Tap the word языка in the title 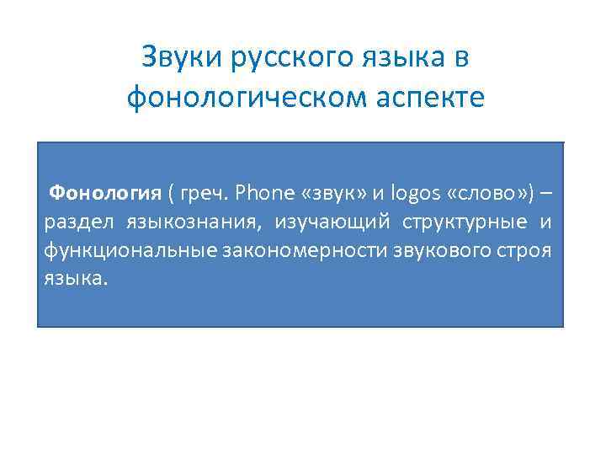click(401, 58)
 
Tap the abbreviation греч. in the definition click(205, 193)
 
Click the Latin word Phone click(264, 193)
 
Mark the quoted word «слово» click(483, 193)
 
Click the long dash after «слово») click(546, 193)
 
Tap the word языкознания click(194, 222)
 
